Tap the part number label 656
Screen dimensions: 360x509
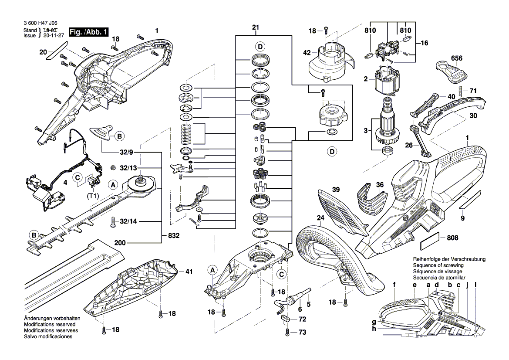pos(456,58)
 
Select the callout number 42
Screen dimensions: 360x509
pos(307,53)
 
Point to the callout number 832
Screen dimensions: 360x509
pos(174,235)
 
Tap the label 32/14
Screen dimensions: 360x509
pos(129,221)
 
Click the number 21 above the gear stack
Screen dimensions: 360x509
pos(256,28)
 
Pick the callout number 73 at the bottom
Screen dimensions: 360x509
pos(302,333)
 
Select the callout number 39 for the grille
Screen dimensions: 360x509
pos(335,189)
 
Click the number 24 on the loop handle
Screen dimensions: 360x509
pos(321,218)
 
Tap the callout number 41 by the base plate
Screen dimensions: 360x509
pos(189,272)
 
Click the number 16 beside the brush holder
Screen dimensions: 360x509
pos(425,43)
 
